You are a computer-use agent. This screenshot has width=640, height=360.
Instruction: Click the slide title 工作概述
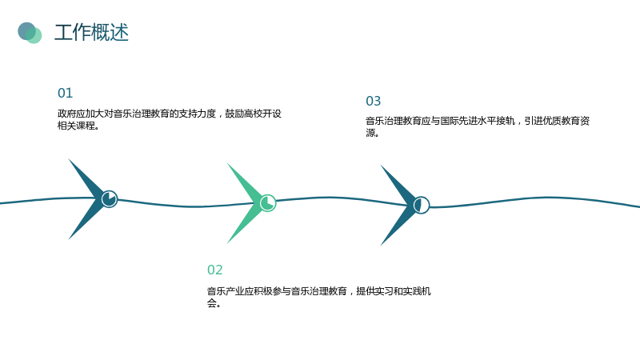point(91,32)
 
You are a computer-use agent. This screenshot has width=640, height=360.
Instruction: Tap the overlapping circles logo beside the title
point(30,33)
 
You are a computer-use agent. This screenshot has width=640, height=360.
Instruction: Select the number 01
point(66,93)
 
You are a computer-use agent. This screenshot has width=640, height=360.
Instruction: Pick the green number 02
point(215,270)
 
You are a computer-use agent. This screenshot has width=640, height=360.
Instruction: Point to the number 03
point(374,101)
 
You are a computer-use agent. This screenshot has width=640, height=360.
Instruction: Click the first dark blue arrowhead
point(88,199)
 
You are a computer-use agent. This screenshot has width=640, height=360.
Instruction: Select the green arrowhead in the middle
point(246,203)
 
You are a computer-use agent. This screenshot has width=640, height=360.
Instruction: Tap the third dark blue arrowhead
point(400,206)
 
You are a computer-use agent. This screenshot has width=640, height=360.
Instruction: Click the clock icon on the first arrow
point(110,199)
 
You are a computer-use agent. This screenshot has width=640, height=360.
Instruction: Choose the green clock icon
point(268,203)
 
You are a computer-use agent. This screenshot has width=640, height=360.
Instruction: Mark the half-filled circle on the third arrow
point(422,205)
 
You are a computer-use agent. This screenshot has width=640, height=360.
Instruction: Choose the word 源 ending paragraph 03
point(370,133)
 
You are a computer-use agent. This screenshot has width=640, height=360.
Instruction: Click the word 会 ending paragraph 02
point(212,303)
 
